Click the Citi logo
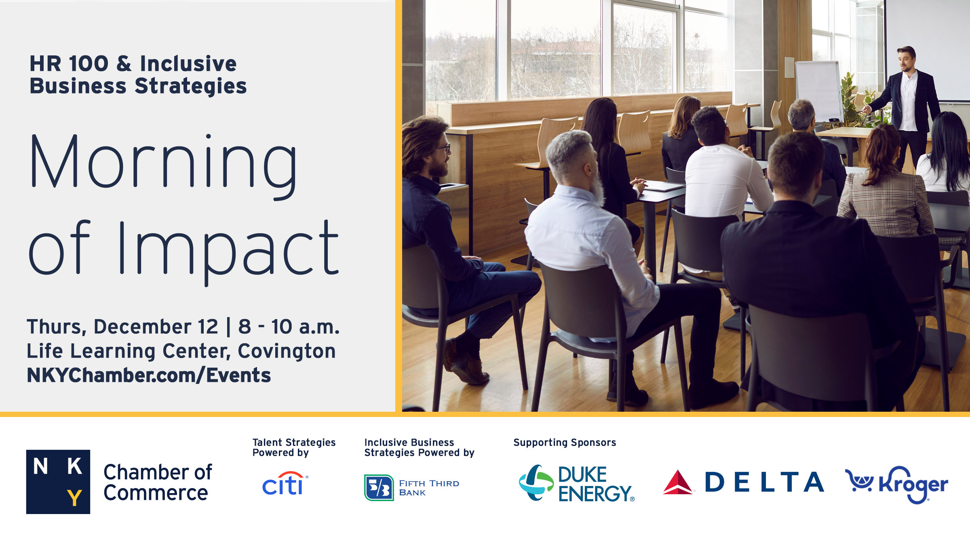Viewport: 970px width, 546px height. (x=284, y=484)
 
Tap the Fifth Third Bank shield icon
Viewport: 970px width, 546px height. (x=379, y=488)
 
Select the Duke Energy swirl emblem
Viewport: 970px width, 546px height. (x=536, y=483)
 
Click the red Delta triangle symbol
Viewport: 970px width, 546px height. (x=678, y=483)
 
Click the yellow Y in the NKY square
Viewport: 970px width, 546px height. (x=74, y=497)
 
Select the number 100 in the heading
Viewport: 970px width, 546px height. (x=89, y=64)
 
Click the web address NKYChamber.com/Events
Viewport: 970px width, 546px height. (x=148, y=375)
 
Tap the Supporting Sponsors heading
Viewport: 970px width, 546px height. (x=564, y=442)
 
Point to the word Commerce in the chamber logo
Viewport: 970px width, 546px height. (x=156, y=493)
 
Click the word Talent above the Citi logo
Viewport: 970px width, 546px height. (x=266, y=442)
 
